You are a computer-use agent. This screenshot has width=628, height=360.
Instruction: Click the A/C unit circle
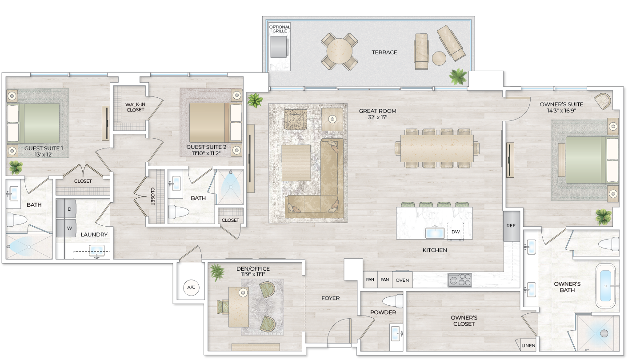coord(191,288)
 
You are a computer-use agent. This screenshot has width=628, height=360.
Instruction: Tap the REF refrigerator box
coord(511,226)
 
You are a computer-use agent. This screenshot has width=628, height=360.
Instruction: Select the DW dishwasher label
coord(455,232)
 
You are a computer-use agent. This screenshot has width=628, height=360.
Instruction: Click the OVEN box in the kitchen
coord(402,280)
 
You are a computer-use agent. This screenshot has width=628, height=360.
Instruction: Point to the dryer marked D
coord(70,209)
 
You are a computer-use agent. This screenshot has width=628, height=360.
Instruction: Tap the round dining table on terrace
coord(340,52)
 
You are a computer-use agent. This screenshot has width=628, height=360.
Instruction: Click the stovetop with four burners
coord(460,280)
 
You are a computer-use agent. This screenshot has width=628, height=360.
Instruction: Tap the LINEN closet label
coord(528,346)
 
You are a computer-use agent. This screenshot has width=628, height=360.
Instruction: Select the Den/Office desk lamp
coord(243,292)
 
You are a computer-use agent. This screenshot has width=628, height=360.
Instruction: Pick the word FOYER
coord(330,298)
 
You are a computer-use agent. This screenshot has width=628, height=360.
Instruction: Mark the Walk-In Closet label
coord(135,107)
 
